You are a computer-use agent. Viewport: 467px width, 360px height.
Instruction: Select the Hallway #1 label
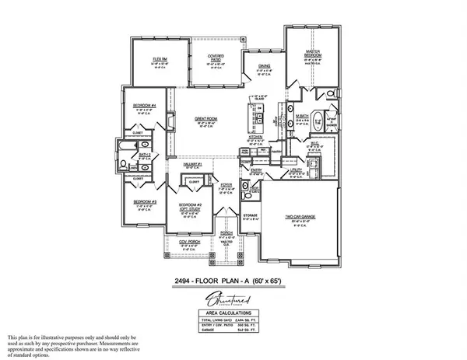pos(194,164)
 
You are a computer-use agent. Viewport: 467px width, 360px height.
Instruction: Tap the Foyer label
pos(226,184)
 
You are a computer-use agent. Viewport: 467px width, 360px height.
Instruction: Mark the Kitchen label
pos(255,136)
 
